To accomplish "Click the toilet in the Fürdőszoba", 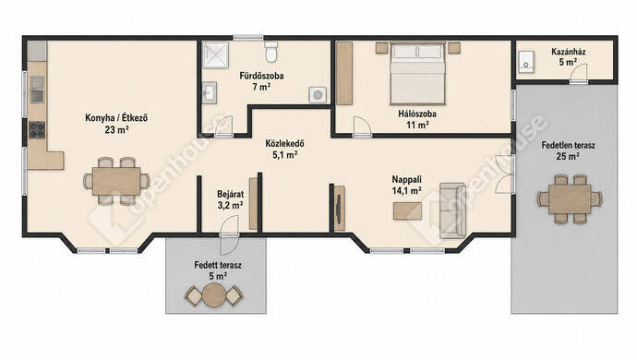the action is (x=270, y=51).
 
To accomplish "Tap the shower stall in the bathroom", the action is (x=216, y=54).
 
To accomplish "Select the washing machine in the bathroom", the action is (x=318, y=95).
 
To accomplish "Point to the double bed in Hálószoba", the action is (x=418, y=73).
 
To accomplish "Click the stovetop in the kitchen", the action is (x=37, y=130).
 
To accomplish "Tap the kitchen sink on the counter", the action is (x=37, y=89).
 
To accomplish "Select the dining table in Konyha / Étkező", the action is (x=116, y=181).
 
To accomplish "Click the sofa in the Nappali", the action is (x=452, y=210).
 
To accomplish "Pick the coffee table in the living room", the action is (x=407, y=210).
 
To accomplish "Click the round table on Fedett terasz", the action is (x=214, y=295).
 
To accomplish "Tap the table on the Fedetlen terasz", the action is (x=570, y=198).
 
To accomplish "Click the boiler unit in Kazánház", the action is (x=525, y=62).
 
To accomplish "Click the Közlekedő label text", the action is (x=284, y=143).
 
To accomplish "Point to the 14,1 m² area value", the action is (x=406, y=190).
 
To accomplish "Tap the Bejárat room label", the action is (x=231, y=194).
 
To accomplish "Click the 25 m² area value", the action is (x=568, y=156).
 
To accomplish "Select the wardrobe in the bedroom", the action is (x=344, y=73).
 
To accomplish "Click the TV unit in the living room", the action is (x=339, y=208).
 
